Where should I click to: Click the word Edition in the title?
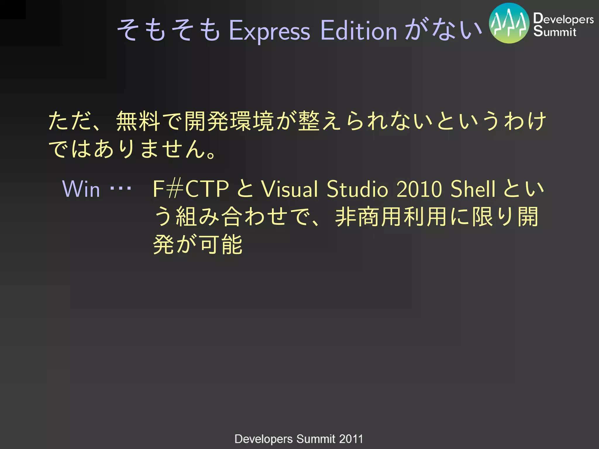pyautogui.click(x=359, y=31)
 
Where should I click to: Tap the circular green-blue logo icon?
pyautogui.click(x=509, y=23)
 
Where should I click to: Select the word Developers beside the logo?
pyautogui.click(x=563, y=19)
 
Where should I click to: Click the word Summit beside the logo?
pyautogui.click(x=555, y=31)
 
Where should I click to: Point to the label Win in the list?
pyautogui.click(x=81, y=189)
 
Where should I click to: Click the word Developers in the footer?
pyautogui.click(x=264, y=439)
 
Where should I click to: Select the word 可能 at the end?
pyautogui.click(x=221, y=244)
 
